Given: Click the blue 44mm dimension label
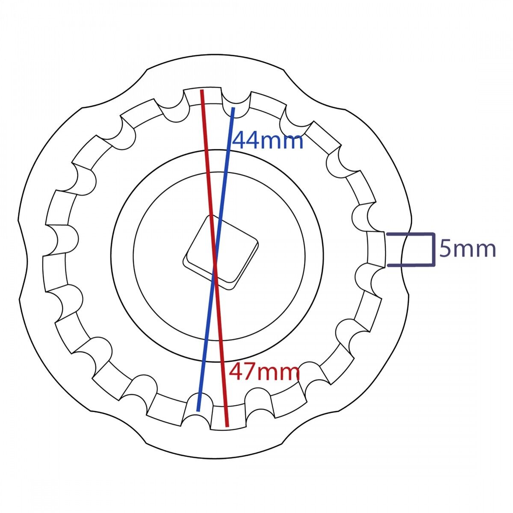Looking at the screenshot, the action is point(268,140).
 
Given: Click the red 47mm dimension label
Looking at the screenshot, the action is point(264,372).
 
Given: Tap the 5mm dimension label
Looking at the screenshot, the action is point(468,249).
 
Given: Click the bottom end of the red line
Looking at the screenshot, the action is point(227,426).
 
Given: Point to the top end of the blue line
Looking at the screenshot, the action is point(233,108).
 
